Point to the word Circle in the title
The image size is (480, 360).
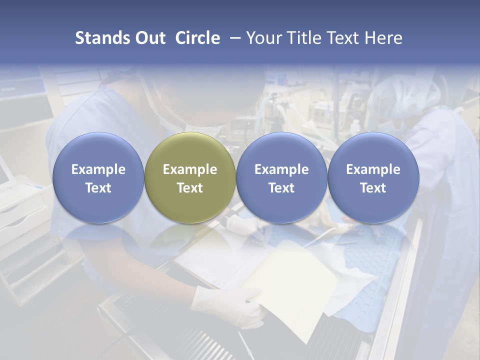[x=197, y=38]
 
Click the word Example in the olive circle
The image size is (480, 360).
[x=190, y=169]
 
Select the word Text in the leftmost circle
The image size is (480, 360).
[x=98, y=188]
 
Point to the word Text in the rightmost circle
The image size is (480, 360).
[x=373, y=188]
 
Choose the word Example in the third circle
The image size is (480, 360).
[x=281, y=169]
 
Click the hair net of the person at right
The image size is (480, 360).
[x=405, y=95]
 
